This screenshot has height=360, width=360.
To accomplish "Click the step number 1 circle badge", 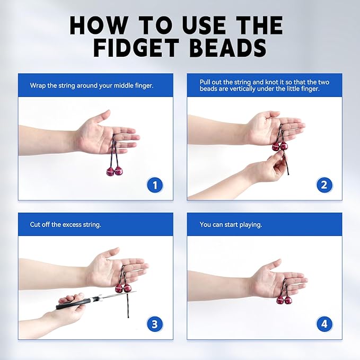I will pos(155,185).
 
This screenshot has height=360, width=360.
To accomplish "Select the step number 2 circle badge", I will pos(324,185).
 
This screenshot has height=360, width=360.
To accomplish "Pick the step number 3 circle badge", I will pos(155,324).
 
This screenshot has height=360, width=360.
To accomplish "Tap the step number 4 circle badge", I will pos(324,324).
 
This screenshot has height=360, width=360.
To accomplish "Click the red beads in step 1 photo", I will pos(114,171).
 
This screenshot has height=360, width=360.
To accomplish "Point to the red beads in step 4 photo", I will pos(284,300).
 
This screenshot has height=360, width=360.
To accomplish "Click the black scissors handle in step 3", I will pos(73,303).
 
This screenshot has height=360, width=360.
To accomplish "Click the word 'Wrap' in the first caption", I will pos(38,85).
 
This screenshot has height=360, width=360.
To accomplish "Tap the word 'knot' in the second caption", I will pos(265,82).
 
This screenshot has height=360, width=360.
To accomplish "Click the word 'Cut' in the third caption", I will pos(36,224).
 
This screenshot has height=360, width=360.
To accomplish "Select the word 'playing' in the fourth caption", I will pos(250,224).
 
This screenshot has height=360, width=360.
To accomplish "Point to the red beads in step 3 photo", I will pos(123,288).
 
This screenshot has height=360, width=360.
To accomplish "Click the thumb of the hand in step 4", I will pos(273,265).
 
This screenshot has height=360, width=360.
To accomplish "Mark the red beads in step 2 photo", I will pos(279,146).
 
